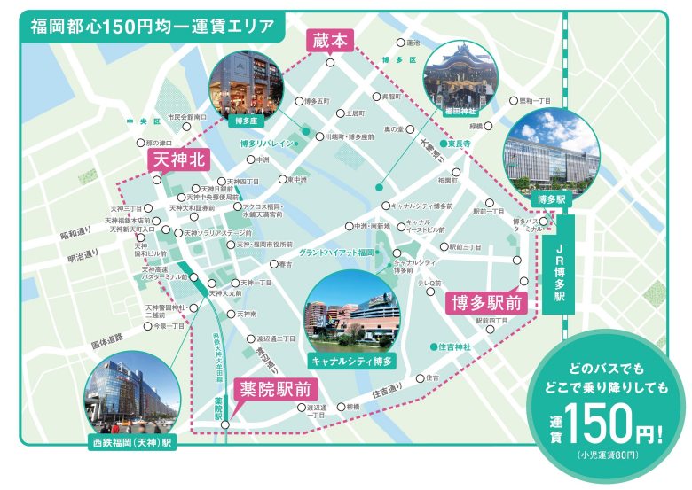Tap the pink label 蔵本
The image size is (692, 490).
[x=330, y=40]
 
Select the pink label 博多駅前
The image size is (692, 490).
[x=485, y=302]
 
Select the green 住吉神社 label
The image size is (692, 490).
[x=453, y=345]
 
